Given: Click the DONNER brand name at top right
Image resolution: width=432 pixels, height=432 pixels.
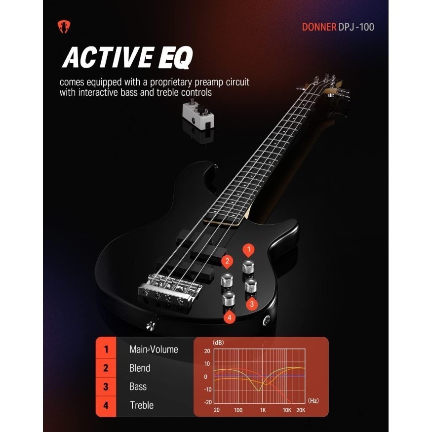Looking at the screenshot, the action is [x=319, y=27].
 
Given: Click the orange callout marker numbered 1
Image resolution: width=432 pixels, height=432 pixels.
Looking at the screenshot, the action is [x=249, y=249].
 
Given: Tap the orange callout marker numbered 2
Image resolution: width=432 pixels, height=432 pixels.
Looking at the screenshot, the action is [x=227, y=261].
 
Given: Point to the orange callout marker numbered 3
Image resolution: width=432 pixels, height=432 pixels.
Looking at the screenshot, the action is [x=251, y=304].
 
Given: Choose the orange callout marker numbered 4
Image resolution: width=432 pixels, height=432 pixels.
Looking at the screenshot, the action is [x=230, y=317].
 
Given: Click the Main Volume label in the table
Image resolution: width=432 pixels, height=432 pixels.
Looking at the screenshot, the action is [x=154, y=350].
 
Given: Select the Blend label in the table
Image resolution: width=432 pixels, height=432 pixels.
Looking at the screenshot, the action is [x=140, y=368].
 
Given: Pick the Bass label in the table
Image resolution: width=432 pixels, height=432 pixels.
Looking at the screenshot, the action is [x=138, y=387].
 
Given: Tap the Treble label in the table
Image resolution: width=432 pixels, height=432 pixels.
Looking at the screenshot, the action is [x=142, y=405].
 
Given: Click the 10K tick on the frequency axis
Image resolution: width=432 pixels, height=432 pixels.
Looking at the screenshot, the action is [x=287, y=410].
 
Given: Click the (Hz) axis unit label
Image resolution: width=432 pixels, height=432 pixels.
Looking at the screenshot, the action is [x=313, y=400].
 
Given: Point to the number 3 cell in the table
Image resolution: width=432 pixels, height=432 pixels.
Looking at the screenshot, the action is [x=106, y=387].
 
